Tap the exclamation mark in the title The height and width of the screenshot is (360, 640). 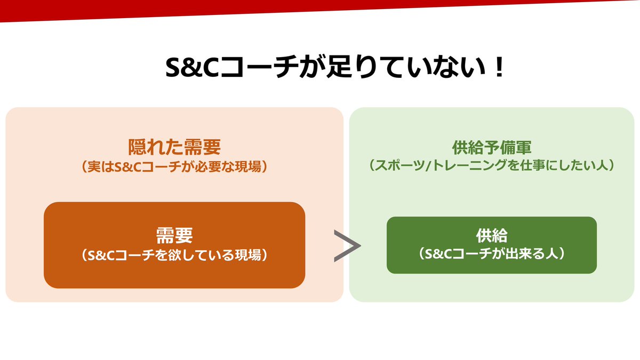[x=499, y=68]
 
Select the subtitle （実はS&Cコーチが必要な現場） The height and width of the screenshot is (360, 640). [x=174, y=166]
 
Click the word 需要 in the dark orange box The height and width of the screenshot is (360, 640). [x=174, y=235]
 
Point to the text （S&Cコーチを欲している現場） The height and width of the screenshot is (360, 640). [x=174, y=255]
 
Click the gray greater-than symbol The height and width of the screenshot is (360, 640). [x=347, y=246]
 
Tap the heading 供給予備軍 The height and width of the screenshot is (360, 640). [x=491, y=147]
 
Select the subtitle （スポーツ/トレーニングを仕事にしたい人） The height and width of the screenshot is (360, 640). [x=491, y=166]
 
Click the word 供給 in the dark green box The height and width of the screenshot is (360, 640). [x=491, y=235]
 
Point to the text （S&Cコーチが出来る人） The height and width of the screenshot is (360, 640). [x=491, y=254]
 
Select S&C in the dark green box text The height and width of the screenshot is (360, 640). [x=436, y=254]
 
